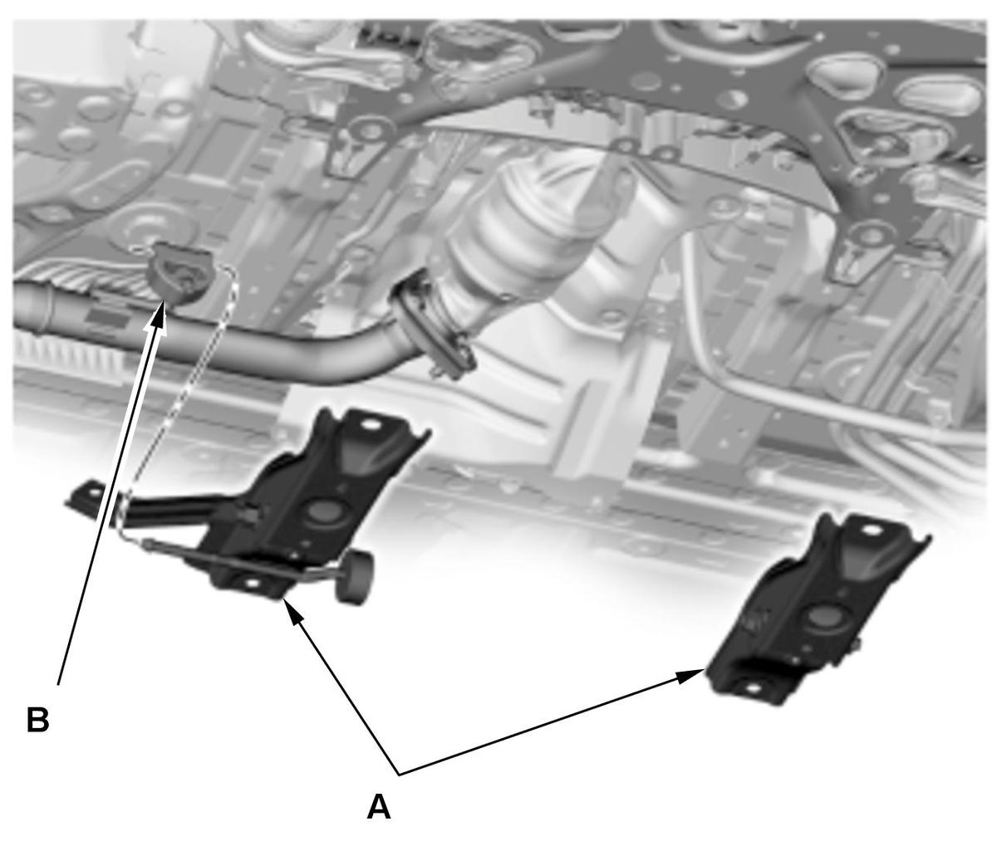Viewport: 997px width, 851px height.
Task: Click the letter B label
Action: [37, 720]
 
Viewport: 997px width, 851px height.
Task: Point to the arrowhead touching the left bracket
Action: [294, 612]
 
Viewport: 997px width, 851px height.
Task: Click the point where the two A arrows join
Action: [400, 775]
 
